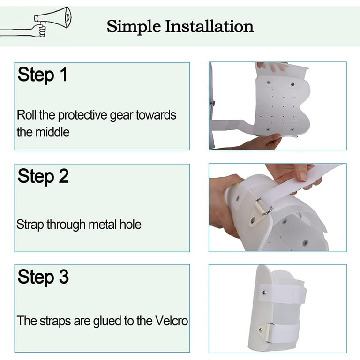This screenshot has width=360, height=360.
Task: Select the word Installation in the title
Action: click(x=210, y=26)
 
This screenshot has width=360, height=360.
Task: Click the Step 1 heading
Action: click(x=43, y=75)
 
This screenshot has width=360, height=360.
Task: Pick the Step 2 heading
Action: click(x=43, y=177)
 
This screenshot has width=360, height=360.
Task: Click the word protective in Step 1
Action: click(x=82, y=115)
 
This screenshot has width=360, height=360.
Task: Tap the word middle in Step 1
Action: click(x=52, y=132)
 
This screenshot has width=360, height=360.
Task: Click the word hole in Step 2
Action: click(x=130, y=225)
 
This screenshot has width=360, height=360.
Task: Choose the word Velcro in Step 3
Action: click(x=172, y=321)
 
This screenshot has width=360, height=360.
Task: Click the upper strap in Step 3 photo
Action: click(x=284, y=293)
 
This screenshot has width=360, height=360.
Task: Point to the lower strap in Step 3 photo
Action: click(x=285, y=332)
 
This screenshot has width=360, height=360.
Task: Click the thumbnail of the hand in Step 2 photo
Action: click(x=303, y=176)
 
